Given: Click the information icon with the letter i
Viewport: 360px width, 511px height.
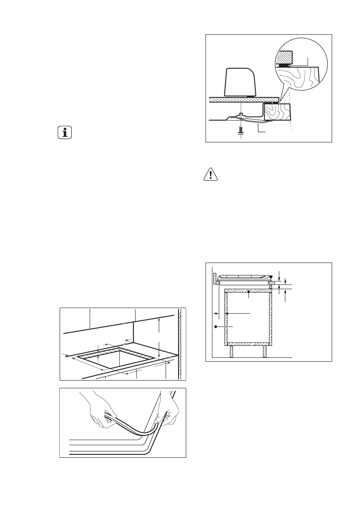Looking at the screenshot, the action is [65, 133].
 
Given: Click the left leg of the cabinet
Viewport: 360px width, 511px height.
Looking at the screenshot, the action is [232, 351].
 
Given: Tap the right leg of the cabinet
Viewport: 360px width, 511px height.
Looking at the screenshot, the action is [265, 351].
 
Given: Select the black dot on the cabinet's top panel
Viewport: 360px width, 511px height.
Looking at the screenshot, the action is [249, 293].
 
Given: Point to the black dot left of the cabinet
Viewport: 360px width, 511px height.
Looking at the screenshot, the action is [216, 327].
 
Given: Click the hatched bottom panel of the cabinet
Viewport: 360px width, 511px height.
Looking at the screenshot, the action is [248, 344].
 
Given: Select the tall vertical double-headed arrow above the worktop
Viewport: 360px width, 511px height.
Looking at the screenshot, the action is [159, 337].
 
